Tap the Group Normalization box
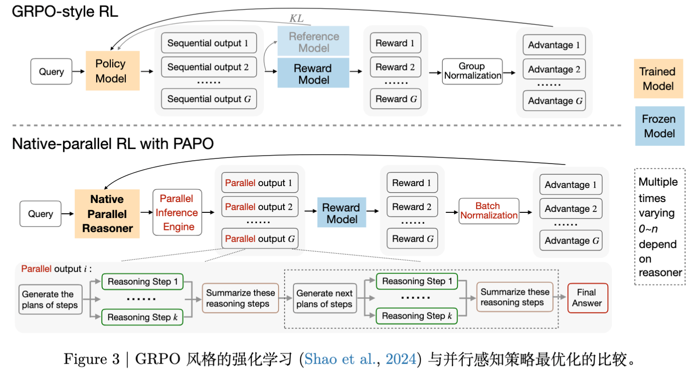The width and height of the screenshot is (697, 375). [x=472, y=71]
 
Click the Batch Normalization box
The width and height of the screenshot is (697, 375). [x=488, y=211]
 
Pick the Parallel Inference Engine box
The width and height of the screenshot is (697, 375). [x=177, y=212]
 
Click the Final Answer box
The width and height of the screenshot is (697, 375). [x=587, y=298]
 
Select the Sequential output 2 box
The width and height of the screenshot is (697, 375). [x=209, y=67]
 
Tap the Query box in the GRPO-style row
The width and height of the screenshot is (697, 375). [x=51, y=72]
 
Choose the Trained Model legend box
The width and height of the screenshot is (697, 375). [x=658, y=78]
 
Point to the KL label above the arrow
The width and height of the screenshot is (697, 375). [x=297, y=19]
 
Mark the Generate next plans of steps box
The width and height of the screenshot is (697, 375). [x=324, y=299]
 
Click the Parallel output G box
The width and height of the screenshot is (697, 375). [x=260, y=239]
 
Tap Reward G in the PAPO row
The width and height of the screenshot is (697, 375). [x=411, y=239]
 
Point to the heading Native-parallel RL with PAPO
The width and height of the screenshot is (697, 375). [x=113, y=144]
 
